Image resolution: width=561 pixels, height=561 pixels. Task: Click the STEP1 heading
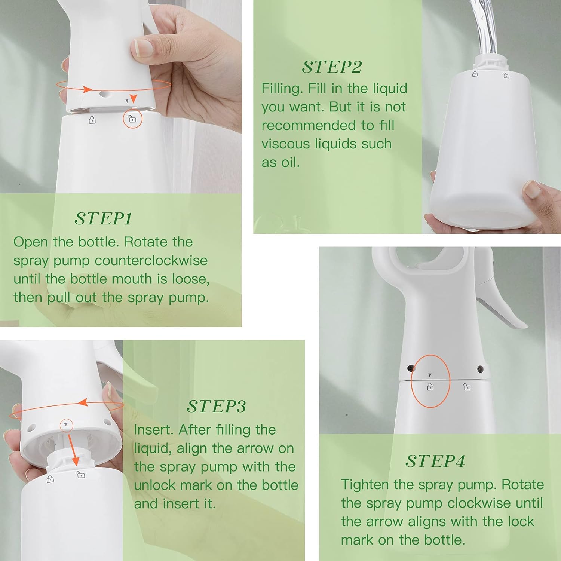point(103,219)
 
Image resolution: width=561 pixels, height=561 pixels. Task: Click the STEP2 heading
point(332,67)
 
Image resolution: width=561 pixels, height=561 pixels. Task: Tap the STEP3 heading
point(216,406)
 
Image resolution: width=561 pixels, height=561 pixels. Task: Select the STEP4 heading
point(435,461)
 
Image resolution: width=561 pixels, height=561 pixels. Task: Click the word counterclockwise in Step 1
point(151,260)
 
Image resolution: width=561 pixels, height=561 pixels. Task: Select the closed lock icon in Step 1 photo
point(92,120)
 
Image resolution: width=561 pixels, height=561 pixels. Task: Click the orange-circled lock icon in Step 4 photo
point(430,387)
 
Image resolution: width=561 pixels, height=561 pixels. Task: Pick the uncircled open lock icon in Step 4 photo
point(467,387)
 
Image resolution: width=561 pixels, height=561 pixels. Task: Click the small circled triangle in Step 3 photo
point(66,425)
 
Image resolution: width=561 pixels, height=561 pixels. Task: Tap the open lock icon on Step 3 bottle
point(80,475)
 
